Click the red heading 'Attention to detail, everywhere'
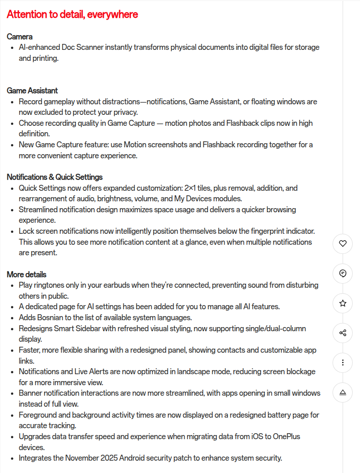pyautogui.click(x=72, y=15)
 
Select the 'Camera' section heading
pyautogui.click(x=20, y=37)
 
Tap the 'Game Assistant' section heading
pyautogui.click(x=32, y=91)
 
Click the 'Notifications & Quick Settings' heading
pyautogui.click(x=54, y=177)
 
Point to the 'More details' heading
pyautogui.click(x=27, y=274)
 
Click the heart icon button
pyautogui.click(x=343, y=244)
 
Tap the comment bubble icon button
pyautogui.click(x=343, y=274)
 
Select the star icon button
pyautogui.click(x=343, y=303)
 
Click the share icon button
pyautogui.click(x=343, y=333)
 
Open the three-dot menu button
pyautogui.click(x=343, y=362)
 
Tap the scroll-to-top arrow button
pyautogui.click(x=343, y=392)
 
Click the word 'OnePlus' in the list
pyautogui.click(x=286, y=436)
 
